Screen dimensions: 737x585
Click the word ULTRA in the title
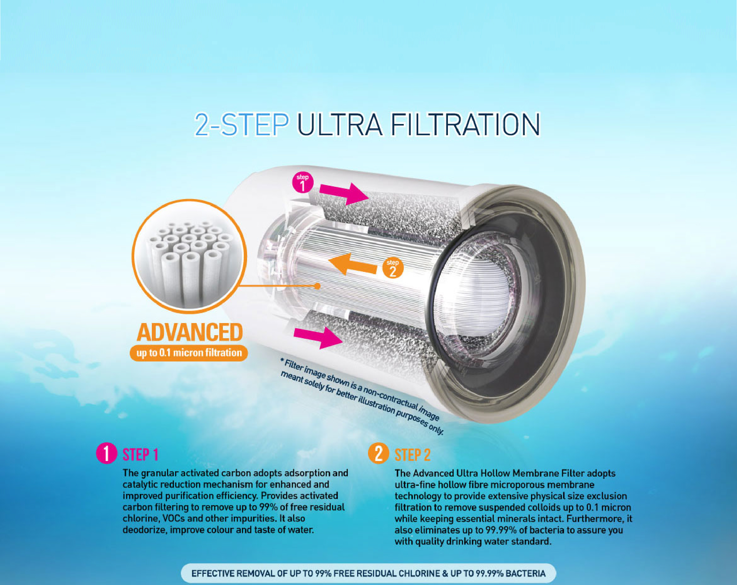[x=340, y=125]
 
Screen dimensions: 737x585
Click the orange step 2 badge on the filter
[x=393, y=268]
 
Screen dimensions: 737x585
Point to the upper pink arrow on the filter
[x=344, y=193]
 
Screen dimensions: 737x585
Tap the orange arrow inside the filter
[x=355, y=264]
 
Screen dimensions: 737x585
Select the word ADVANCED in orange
[x=190, y=332]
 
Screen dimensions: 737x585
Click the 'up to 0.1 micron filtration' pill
[x=189, y=353]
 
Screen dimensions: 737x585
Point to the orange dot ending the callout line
[x=317, y=286]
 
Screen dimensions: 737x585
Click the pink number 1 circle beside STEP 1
[x=106, y=453]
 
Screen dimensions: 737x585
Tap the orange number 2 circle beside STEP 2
[x=378, y=453]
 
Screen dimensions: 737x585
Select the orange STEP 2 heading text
[x=413, y=455]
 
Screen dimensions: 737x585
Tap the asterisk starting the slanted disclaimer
[x=282, y=360]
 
